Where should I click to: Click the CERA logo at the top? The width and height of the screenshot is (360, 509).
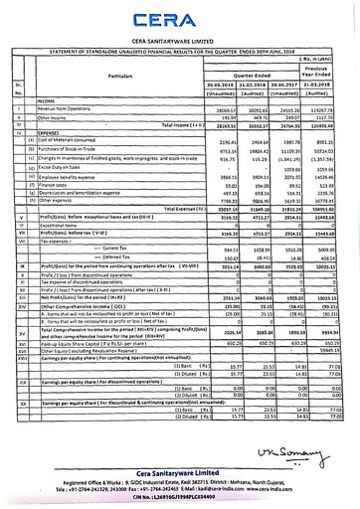coord(180,18)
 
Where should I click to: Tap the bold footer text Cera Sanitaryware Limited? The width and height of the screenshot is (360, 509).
coord(179,475)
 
